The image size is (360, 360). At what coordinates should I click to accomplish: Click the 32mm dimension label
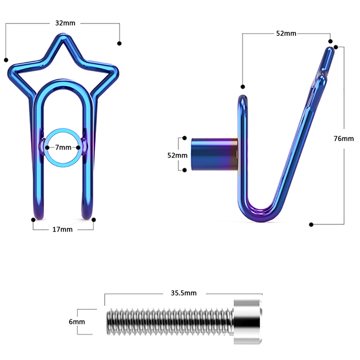(x=65, y=23)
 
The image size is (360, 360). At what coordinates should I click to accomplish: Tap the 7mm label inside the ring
(x=63, y=148)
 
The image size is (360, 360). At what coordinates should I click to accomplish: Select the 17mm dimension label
(x=63, y=229)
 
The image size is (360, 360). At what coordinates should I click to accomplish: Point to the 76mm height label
(x=344, y=139)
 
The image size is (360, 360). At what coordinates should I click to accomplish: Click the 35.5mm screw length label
(x=184, y=293)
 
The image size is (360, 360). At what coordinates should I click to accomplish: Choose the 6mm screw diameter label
(x=76, y=322)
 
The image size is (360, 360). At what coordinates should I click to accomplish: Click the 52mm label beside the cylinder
(x=177, y=155)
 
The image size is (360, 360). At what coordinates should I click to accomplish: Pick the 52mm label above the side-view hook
(x=286, y=33)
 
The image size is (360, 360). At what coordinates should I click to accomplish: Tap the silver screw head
(x=248, y=322)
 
